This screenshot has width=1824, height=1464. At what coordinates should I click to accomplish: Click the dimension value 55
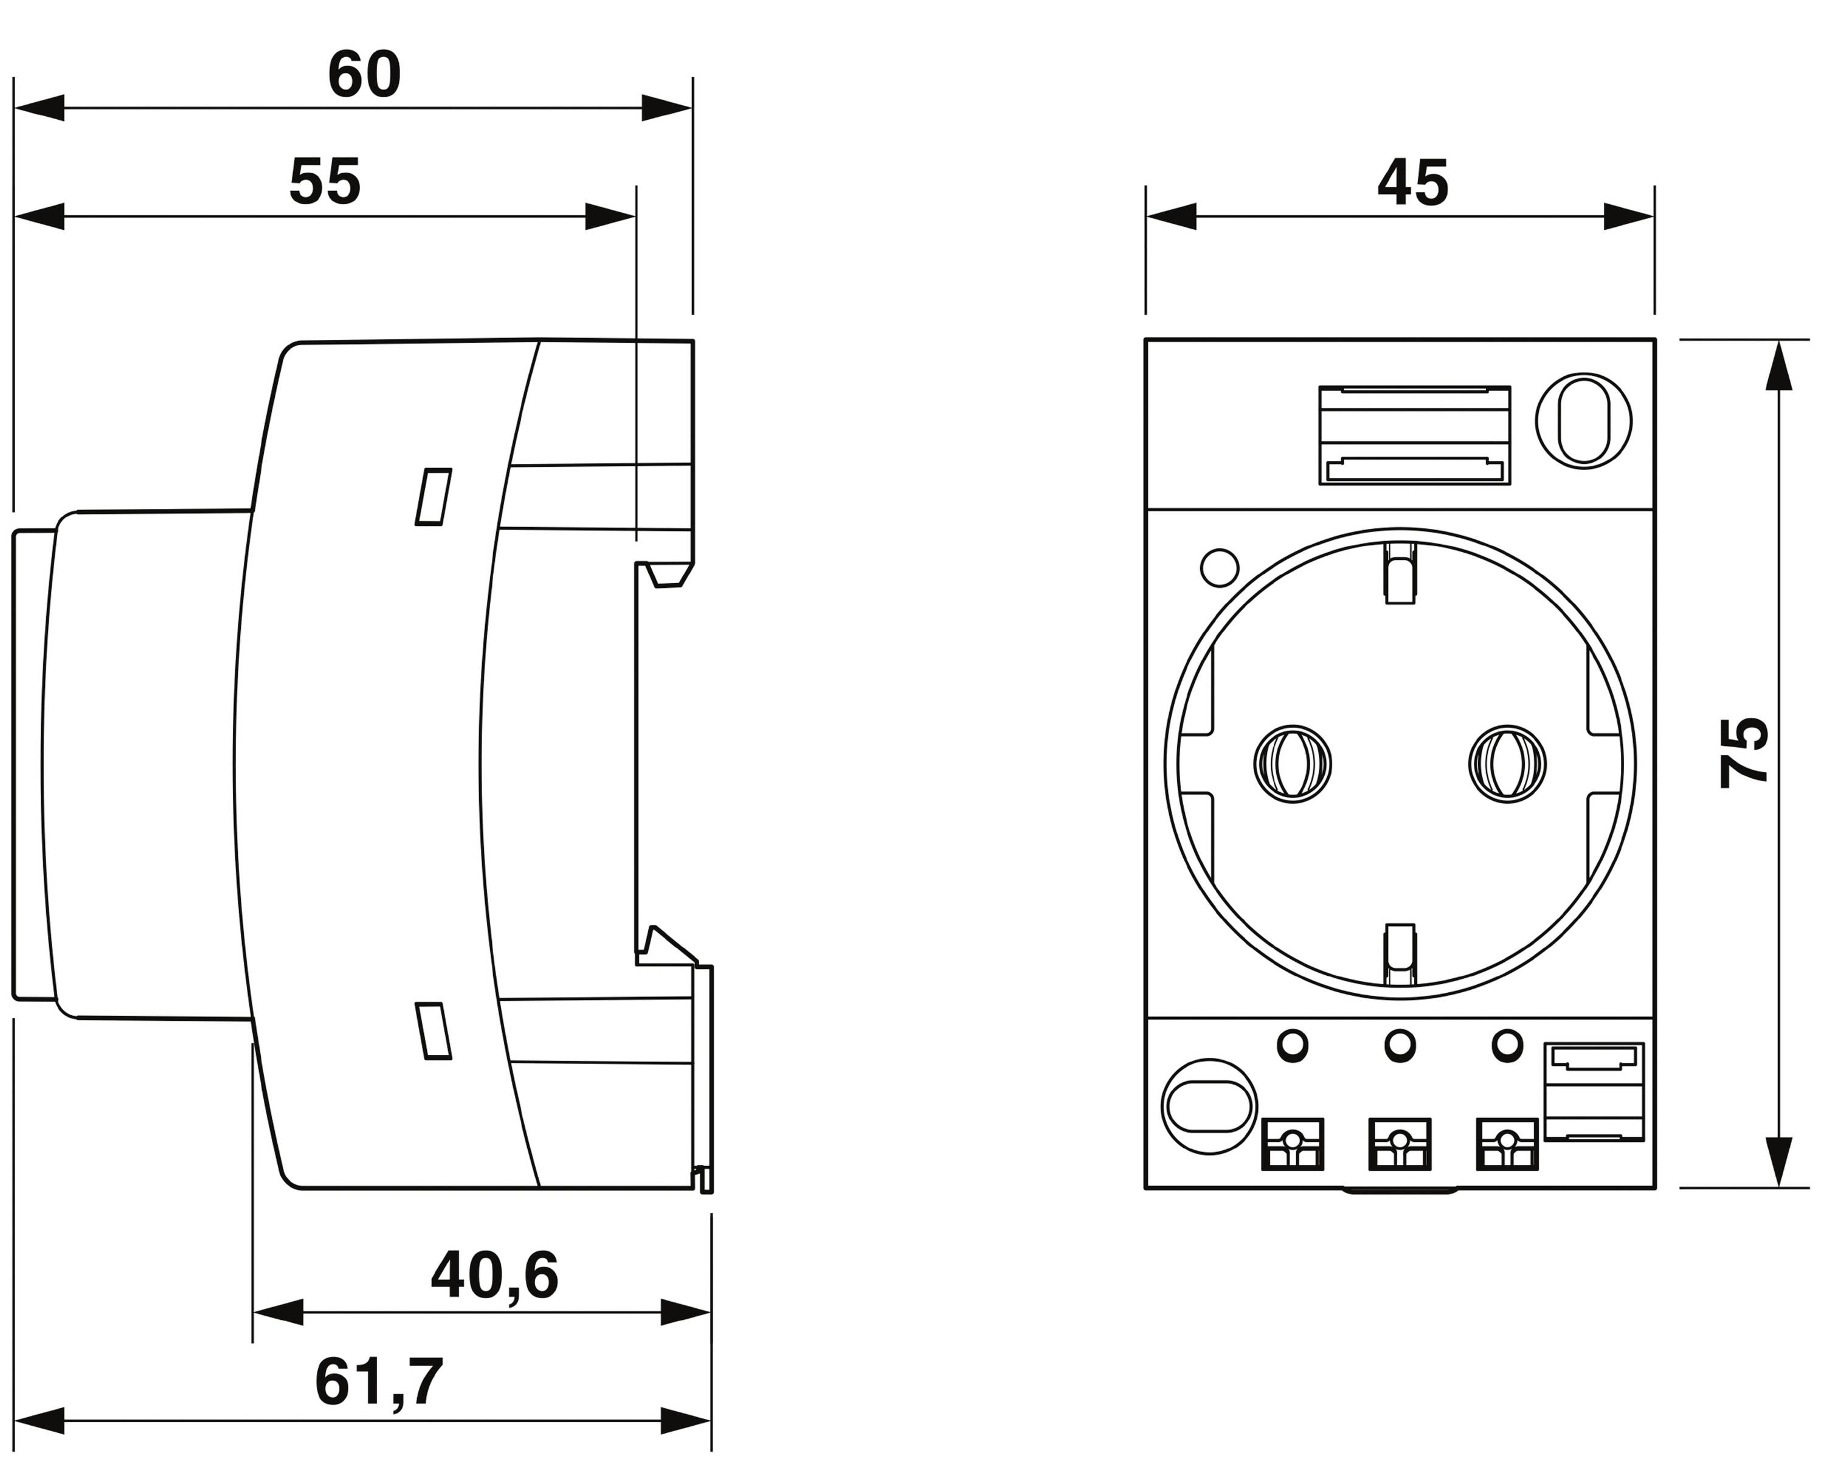tap(325, 182)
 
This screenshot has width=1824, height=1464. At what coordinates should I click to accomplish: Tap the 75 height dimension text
tap(1744, 753)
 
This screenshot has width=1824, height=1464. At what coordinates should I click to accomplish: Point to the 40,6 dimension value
tap(494, 1276)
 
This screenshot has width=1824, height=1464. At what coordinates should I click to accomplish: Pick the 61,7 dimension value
tap(379, 1383)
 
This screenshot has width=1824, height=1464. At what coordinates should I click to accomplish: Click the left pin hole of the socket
tap(1292, 764)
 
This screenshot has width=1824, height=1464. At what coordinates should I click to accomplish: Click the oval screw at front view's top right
tap(1583, 420)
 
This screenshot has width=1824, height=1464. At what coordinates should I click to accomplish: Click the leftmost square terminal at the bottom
tap(1292, 1144)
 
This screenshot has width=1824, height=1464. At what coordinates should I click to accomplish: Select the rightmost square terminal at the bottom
tap(1506, 1144)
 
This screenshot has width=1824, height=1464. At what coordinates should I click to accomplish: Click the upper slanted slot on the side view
tap(433, 497)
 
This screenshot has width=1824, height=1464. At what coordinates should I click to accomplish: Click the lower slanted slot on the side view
tap(433, 1031)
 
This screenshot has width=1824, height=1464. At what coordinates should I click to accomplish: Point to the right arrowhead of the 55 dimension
tap(611, 216)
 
